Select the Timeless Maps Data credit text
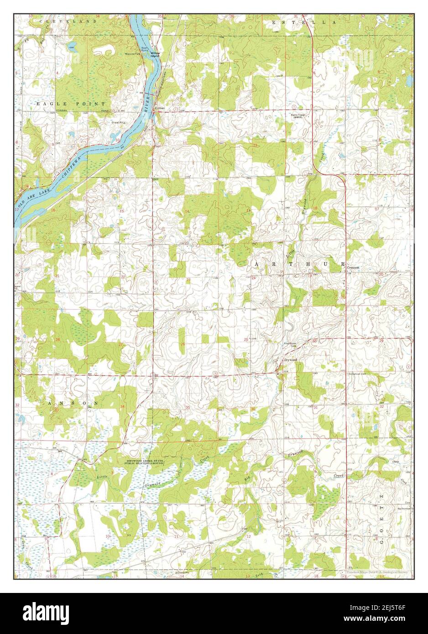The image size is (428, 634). coord(378,572)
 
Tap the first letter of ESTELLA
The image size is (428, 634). coord(274,22)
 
